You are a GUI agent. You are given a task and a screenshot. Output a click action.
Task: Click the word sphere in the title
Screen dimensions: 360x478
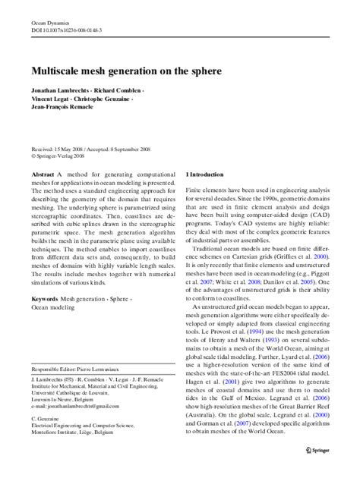(232, 68)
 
